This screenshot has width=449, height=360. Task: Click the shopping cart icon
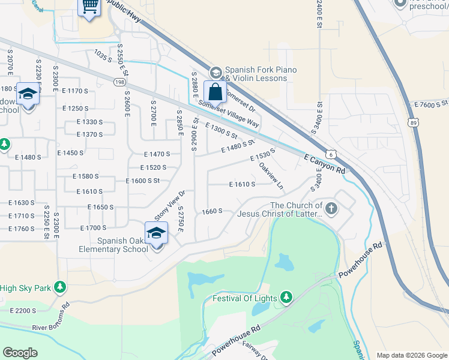click(x=89, y=7)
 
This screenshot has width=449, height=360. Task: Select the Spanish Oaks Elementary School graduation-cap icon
click(x=156, y=233)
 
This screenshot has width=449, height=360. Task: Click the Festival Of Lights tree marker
click(x=286, y=298)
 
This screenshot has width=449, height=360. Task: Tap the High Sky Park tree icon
click(x=59, y=288)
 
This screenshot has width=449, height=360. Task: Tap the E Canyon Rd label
click(x=324, y=163)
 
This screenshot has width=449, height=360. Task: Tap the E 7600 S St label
click(x=432, y=104)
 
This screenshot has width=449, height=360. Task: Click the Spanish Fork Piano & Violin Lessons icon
click(x=215, y=73)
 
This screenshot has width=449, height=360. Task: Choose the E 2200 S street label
click(x=23, y=310)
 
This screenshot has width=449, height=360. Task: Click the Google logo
click(x=20, y=353)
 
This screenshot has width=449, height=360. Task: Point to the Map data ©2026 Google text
click(x=412, y=355)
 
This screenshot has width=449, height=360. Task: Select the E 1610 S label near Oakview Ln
click(x=242, y=184)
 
